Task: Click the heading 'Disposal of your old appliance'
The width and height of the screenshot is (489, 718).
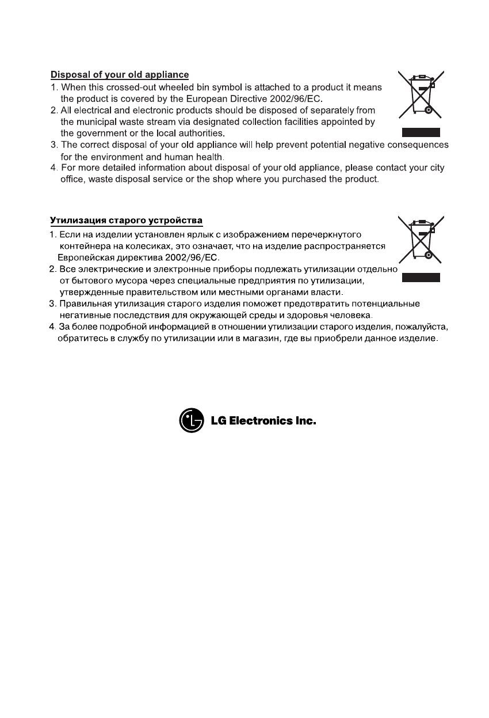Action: [x=120, y=75]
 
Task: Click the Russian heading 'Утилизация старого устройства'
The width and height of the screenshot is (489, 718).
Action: [x=126, y=221]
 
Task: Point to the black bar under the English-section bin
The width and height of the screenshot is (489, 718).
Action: [x=421, y=132]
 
